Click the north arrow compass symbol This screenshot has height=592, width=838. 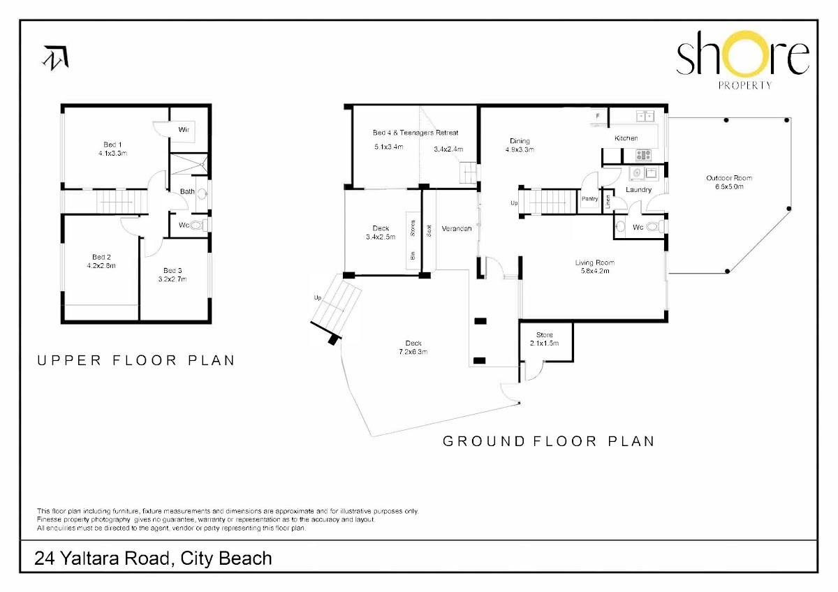click(x=56, y=58)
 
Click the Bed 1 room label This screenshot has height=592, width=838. click(x=112, y=145)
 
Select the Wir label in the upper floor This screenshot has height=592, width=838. click(x=184, y=130)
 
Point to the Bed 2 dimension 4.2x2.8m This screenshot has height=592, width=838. click(x=101, y=266)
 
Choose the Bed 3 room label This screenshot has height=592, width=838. click(x=172, y=270)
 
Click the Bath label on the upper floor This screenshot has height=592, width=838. click(x=187, y=191)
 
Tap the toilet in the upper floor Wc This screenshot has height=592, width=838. click(x=197, y=225)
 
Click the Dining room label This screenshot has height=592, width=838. click(x=520, y=141)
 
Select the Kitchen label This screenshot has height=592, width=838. click(x=626, y=138)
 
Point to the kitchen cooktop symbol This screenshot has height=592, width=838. click(x=643, y=155)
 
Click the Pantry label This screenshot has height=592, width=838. click(x=589, y=199)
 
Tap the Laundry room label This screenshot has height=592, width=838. click(x=638, y=190)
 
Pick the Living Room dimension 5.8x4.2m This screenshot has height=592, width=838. click(x=595, y=271)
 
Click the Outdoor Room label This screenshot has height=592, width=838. click(x=729, y=179)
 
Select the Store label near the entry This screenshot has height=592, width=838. click(x=544, y=335)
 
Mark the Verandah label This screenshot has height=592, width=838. click(x=457, y=228)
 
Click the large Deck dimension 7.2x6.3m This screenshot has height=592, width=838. click(x=413, y=352)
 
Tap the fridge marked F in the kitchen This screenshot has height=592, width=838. click(x=598, y=117)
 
